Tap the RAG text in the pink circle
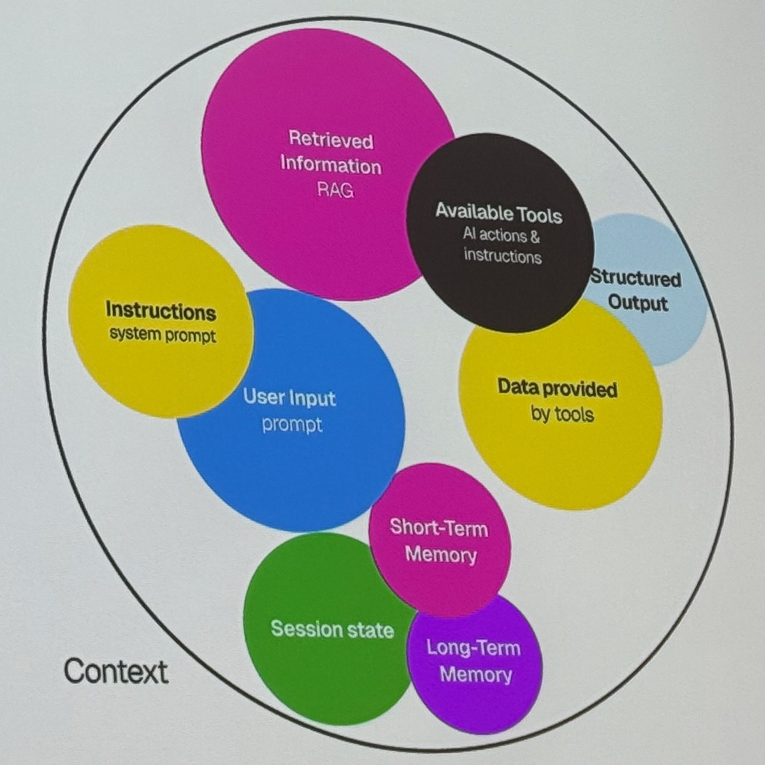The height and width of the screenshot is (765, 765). point(335,190)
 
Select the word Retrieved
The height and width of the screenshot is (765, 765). point(331,140)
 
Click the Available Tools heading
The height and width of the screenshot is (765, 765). point(499,213)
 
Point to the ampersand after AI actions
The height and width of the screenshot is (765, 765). point(535,236)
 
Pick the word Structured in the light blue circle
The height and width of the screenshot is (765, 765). point(635,278)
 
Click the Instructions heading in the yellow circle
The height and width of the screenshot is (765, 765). point(161,311)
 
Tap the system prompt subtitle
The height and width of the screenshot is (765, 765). point(162,335)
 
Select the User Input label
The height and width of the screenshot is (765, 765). point(289,397)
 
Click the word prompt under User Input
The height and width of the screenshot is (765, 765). point(292,425)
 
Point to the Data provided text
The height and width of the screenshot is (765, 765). point(557,388)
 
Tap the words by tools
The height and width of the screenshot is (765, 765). point(562,414)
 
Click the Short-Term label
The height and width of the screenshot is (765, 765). point(439,528)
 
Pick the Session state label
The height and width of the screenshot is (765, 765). point(332,629)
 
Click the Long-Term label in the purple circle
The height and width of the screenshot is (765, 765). point(473,648)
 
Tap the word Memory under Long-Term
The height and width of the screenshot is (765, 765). point(476,674)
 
